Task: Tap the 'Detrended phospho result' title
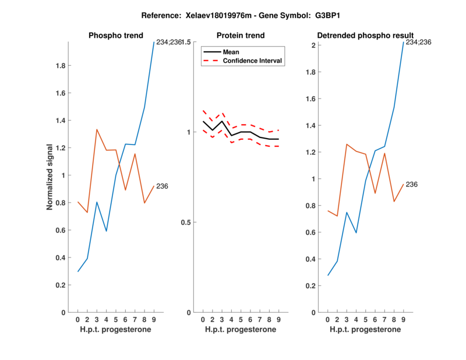[365, 36]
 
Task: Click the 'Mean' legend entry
[231, 52]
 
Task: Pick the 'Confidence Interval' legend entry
[253, 61]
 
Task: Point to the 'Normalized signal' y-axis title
[51, 177]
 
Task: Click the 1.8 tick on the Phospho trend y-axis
[61, 66]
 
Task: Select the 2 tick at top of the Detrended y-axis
[313, 45]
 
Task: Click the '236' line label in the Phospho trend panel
[162, 186]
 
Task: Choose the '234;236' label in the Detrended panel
[419, 42]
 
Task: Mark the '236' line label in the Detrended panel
[412, 185]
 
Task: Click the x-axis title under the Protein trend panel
[241, 330]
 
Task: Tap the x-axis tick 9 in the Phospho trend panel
[153, 319]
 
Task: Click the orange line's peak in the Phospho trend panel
[97, 129]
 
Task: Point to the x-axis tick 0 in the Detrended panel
[327, 319]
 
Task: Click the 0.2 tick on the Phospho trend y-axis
[61, 285]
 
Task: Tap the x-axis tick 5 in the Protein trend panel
[241, 319]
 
